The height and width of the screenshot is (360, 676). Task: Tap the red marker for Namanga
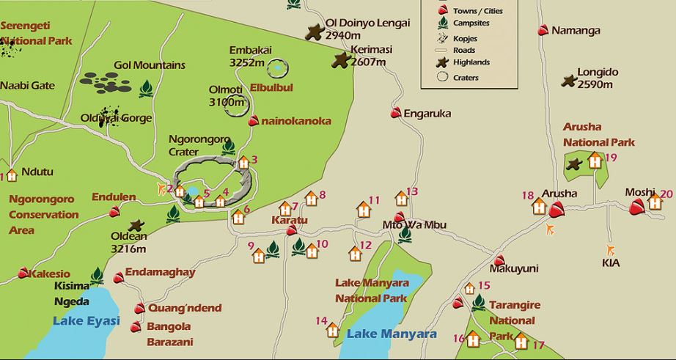[x=543, y=30]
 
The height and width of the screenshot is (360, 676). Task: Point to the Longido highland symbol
[x=568, y=81]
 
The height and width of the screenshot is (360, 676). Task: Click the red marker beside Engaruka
[x=396, y=113]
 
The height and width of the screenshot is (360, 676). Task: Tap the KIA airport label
[x=610, y=262]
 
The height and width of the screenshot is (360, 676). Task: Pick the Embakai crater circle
[x=278, y=69]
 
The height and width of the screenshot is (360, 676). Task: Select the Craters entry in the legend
[x=466, y=77]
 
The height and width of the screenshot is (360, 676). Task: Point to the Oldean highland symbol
[x=136, y=226]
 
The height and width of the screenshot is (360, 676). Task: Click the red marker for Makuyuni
[x=499, y=260]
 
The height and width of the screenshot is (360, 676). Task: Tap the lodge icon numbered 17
[x=521, y=341]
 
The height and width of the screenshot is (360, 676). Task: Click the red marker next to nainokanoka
[x=254, y=121]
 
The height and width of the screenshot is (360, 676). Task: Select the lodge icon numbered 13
[x=401, y=199]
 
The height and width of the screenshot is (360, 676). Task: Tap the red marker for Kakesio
[x=23, y=273]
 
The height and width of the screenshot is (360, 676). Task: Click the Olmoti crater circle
[x=236, y=107]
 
